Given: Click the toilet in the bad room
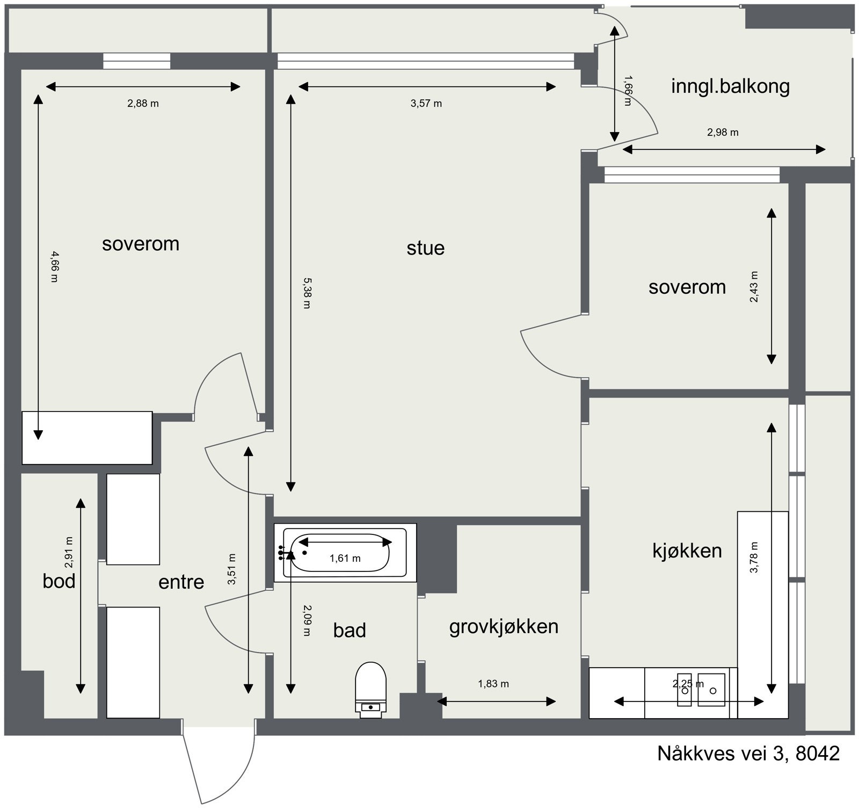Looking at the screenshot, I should pos(371,690).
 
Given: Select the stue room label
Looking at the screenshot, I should pos(425,248).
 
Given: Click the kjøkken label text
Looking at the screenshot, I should pos(687,551).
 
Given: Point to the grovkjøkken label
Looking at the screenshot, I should pos(504,627).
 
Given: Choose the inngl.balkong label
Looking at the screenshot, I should pos(730,86).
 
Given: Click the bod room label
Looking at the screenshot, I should pos(59,581).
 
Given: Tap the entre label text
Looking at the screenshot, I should pos(181,582).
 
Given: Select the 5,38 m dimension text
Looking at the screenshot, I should pos(307,293).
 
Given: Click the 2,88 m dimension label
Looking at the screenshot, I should pos(143,104).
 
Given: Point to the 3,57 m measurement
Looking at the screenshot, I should pos(426,104).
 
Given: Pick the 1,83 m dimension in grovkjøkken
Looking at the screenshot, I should pos(493,684).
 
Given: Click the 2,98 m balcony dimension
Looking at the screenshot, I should pos(723,132).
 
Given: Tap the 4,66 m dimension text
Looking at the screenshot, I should pos(54,266).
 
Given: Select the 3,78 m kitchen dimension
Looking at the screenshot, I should pos(754,557).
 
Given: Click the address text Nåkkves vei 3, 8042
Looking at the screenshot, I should pos(748,754).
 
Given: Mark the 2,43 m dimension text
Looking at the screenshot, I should pos(754,287).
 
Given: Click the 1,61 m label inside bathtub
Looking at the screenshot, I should pos(345,559).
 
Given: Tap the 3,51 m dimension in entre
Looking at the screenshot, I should pos(231,569).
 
